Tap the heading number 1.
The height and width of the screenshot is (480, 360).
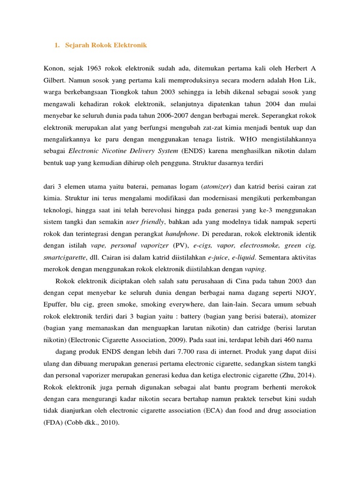(57, 45)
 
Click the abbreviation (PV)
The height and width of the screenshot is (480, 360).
(180, 246)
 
